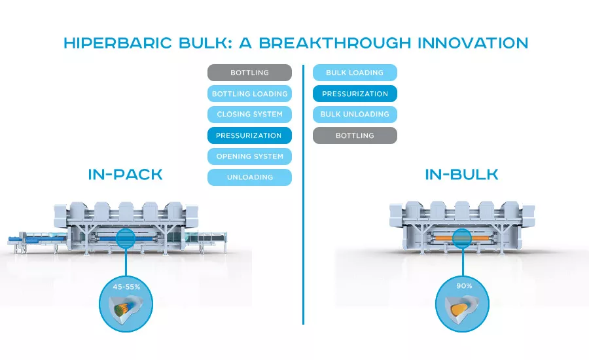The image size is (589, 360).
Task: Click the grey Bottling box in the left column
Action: coord(249,73)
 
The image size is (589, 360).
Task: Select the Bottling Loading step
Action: coord(249,94)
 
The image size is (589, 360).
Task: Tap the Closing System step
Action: coord(249,115)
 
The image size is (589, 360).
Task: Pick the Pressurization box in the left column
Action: coord(249,135)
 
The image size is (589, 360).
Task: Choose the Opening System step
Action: coord(249,156)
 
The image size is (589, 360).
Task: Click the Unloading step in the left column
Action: coord(249,177)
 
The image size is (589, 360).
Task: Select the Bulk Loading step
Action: coord(355,73)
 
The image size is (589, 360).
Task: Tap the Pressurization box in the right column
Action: coord(355,94)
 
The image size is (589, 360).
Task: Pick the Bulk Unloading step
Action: coord(355,115)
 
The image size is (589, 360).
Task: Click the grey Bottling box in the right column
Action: coord(355,135)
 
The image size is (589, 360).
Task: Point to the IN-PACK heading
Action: coord(125,174)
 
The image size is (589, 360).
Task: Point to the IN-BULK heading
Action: coord(461,174)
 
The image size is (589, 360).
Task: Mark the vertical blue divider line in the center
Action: coord(303,196)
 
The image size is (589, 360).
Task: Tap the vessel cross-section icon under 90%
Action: coord(462,308)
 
